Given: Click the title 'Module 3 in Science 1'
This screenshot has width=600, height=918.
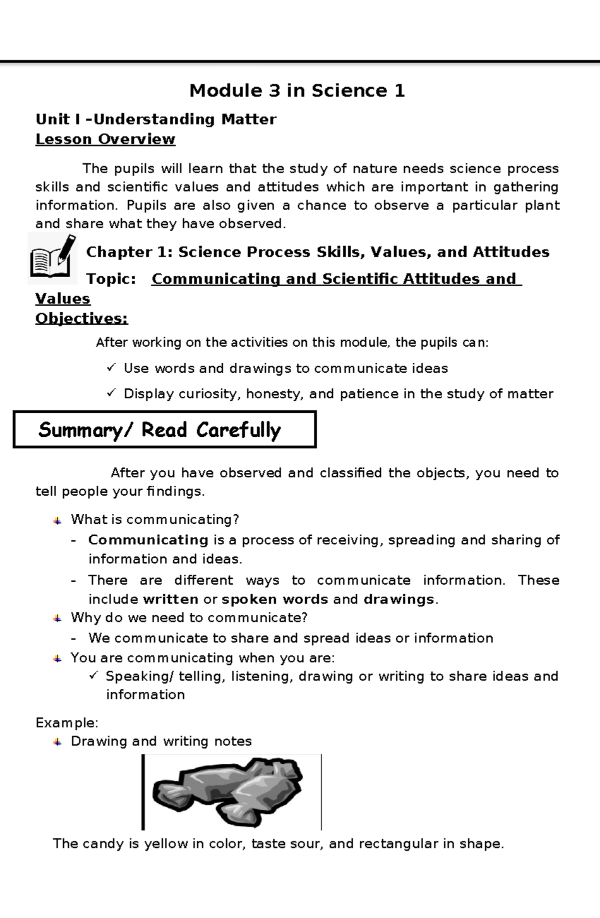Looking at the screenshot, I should click(297, 91).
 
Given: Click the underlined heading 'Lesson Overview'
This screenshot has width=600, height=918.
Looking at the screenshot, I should click(105, 139).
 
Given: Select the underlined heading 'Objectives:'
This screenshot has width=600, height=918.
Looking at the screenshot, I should click(81, 318).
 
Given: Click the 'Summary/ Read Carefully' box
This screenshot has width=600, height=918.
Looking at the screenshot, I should click(164, 430).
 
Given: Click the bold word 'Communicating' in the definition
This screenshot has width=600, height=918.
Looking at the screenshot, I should click(148, 540).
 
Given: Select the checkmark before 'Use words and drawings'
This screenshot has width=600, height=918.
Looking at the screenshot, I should click(111, 368).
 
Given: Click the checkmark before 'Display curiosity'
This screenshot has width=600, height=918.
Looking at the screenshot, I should click(111, 394).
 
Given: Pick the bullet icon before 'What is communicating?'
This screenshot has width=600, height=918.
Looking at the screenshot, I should click(57, 520).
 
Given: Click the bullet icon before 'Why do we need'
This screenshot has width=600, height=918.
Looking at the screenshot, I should click(57, 618).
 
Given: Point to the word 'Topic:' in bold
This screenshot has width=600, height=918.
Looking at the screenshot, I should click(111, 279).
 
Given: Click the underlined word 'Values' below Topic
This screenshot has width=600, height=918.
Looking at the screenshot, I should click(62, 299).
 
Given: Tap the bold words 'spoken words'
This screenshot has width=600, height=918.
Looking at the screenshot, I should click(274, 599).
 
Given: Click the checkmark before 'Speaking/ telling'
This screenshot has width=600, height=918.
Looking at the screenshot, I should click(93, 676).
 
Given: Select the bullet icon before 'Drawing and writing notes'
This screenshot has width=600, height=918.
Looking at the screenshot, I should click(57, 742).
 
